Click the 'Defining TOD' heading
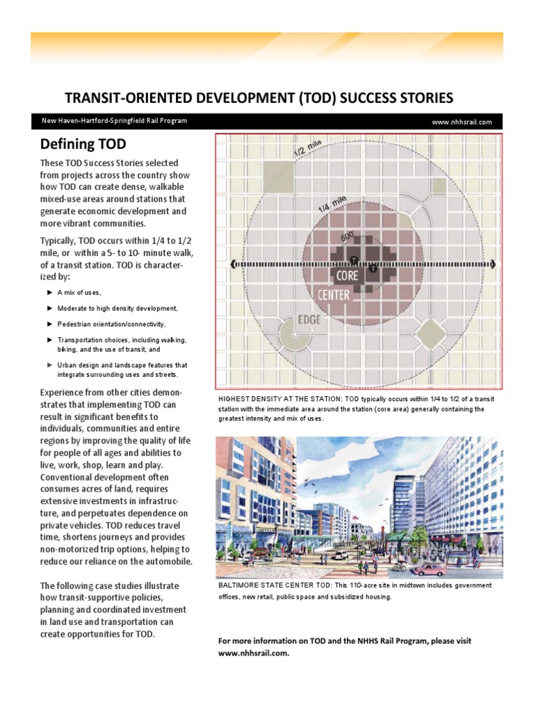coord(83,145)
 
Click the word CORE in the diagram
coord(347,276)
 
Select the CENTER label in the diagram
coord(334,295)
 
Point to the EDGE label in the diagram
coord(309,320)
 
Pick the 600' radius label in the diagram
coord(347,237)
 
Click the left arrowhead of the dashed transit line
coord(234,265)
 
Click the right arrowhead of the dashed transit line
coord(492,264)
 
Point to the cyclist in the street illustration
coord(398,566)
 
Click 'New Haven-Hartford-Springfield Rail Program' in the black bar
coord(114,121)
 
